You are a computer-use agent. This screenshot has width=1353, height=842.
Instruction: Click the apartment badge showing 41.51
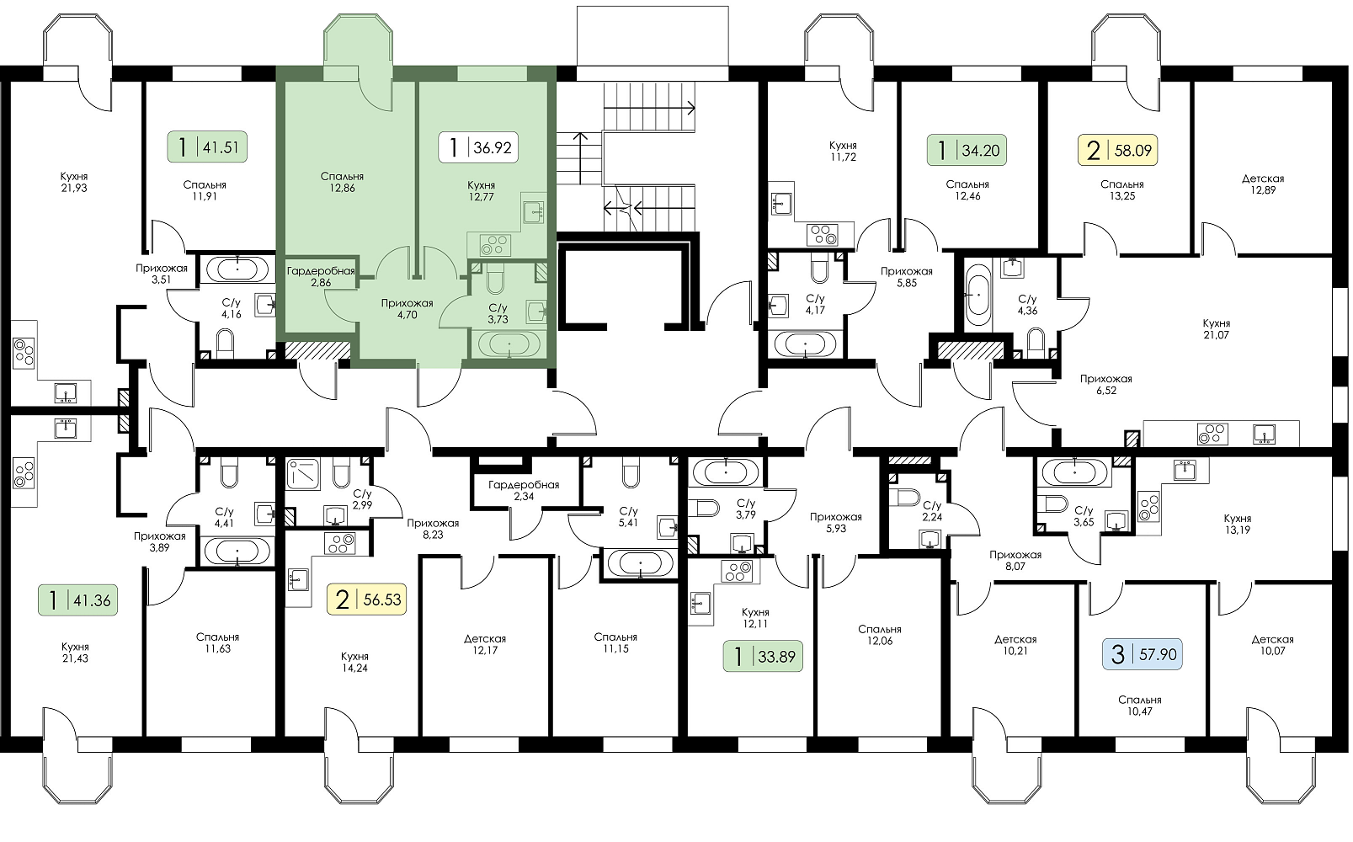[207, 147]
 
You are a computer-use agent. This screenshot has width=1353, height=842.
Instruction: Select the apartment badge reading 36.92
[478, 147]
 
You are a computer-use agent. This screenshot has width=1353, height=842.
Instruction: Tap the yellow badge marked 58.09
[1118, 150]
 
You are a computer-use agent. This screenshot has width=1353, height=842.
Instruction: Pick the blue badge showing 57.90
[1143, 654]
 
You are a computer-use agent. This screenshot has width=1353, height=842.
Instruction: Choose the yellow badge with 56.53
[366, 600]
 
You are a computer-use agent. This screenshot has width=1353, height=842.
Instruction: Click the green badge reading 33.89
[764, 656]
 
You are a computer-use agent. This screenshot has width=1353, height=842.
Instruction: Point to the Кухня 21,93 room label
[74, 182]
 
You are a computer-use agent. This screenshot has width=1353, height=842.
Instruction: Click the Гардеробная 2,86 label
[321, 277]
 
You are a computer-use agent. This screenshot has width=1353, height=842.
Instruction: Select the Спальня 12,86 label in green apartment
[343, 182]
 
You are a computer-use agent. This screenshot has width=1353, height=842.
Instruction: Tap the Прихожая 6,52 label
[1106, 384]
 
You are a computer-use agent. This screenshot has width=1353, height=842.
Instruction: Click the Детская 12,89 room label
[1263, 184]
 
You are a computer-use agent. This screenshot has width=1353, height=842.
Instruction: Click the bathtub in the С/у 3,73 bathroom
[509, 344]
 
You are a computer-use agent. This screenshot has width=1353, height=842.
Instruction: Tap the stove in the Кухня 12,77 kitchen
[494, 245]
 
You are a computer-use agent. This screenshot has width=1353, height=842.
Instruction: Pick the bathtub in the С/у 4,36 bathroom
[977, 295]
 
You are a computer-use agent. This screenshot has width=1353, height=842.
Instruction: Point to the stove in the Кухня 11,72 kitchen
[823, 234]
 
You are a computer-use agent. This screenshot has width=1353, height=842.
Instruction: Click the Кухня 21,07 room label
[1217, 328]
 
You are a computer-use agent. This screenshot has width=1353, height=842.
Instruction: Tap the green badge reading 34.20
[967, 150]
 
